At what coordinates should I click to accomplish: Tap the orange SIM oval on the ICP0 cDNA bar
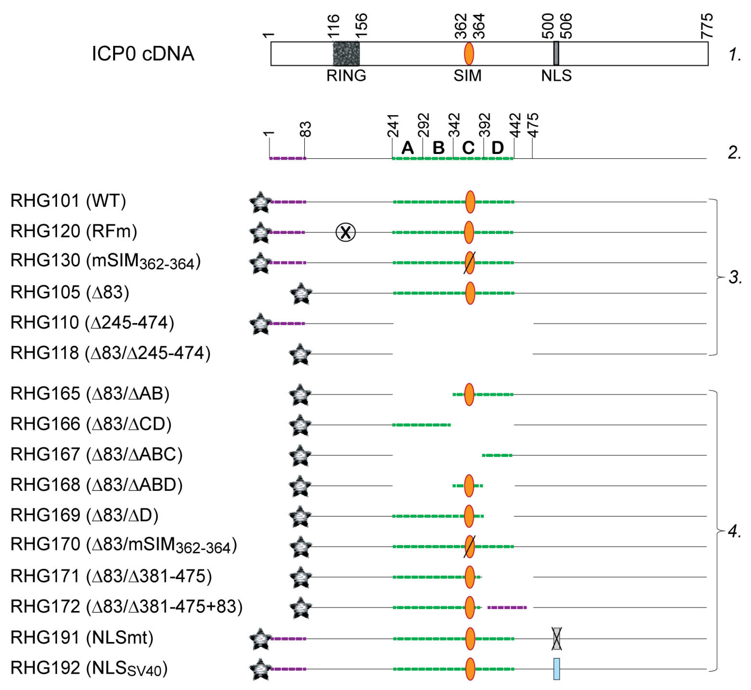469,54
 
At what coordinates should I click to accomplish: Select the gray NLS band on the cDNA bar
556,54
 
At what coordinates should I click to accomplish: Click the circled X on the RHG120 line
345,232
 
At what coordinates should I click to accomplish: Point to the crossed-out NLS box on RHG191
557,639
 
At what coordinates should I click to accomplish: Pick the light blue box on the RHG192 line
557,669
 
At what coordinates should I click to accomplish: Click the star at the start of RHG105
301,293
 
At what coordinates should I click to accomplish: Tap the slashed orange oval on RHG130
469,262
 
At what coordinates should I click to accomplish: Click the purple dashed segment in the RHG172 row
507,608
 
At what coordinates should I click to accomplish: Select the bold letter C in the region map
468,148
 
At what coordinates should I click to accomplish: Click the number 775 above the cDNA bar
707,26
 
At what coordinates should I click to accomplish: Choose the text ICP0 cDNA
143,54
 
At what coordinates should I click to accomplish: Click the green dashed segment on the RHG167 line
497,455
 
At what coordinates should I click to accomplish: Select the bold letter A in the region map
407,148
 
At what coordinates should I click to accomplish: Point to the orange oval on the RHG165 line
469,394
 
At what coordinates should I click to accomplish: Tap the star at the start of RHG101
260,202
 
